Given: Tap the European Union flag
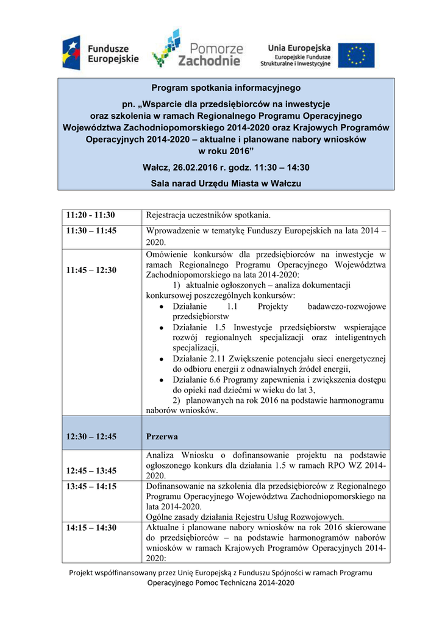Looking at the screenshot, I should (x=357, y=55).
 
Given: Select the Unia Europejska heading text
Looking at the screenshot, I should (x=299, y=48).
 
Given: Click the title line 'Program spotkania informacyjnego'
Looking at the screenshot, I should (x=226, y=88).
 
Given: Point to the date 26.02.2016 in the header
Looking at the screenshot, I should (x=196, y=167).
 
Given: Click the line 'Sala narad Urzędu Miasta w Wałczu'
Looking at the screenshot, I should (x=226, y=183).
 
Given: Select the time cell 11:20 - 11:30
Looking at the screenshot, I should (x=91, y=215).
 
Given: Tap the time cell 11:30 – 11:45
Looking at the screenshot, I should (x=92, y=231).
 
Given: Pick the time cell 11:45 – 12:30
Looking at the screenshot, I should (x=92, y=270).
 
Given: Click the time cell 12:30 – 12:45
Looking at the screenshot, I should (x=92, y=437).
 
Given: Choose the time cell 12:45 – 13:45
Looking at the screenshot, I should (x=92, y=470).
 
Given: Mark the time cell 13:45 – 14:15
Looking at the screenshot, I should (x=92, y=486).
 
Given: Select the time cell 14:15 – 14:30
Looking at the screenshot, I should (x=92, y=528).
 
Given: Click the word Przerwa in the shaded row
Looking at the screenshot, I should (x=162, y=437).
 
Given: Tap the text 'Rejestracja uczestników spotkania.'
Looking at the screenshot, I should (x=208, y=215).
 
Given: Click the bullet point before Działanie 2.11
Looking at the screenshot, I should (x=160, y=359).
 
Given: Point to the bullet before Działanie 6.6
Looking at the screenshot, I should (x=160, y=380).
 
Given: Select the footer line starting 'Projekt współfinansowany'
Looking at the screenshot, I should (x=221, y=572).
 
